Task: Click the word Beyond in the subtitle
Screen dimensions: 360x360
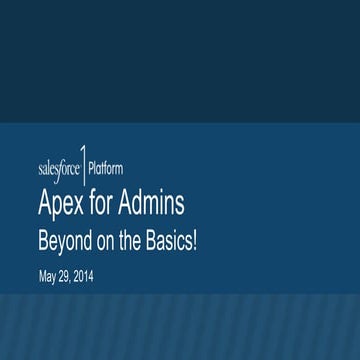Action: pyautogui.click(x=62, y=243)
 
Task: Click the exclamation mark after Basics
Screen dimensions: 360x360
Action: pyautogui.click(x=194, y=243)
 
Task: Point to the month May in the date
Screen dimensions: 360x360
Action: pyautogui.click(x=47, y=278)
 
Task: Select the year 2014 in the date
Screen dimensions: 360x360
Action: pyautogui.click(x=84, y=277)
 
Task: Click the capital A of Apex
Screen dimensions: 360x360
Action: pyautogui.click(x=45, y=205)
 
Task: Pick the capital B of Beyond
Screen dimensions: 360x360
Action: pyautogui.click(x=43, y=242)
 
